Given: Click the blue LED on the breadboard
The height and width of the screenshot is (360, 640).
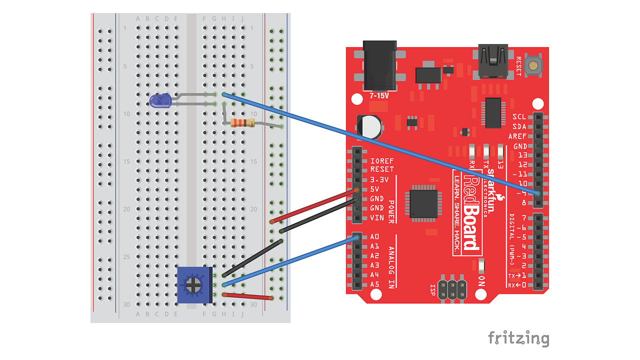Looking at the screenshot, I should click(x=160, y=101).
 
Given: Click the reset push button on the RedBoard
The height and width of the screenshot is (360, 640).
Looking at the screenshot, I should click(x=534, y=65).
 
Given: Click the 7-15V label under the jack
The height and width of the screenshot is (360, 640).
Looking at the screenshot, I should click(x=378, y=95).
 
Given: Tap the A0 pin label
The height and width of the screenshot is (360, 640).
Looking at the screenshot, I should click(x=374, y=236).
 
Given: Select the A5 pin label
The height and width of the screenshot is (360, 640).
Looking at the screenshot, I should click(x=374, y=284).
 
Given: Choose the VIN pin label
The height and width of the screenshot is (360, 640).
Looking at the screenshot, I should click(x=377, y=217).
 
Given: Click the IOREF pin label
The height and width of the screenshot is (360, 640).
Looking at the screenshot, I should click(x=382, y=161).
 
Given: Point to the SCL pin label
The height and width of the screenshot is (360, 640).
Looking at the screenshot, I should click(x=519, y=117).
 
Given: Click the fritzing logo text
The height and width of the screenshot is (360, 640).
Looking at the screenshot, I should click(x=518, y=338).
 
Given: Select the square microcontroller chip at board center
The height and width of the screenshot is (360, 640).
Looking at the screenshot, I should click(x=424, y=203).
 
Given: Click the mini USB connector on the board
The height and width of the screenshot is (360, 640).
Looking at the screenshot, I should click(x=493, y=61).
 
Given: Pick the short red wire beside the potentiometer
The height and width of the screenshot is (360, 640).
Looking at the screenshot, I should click(x=247, y=296).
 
